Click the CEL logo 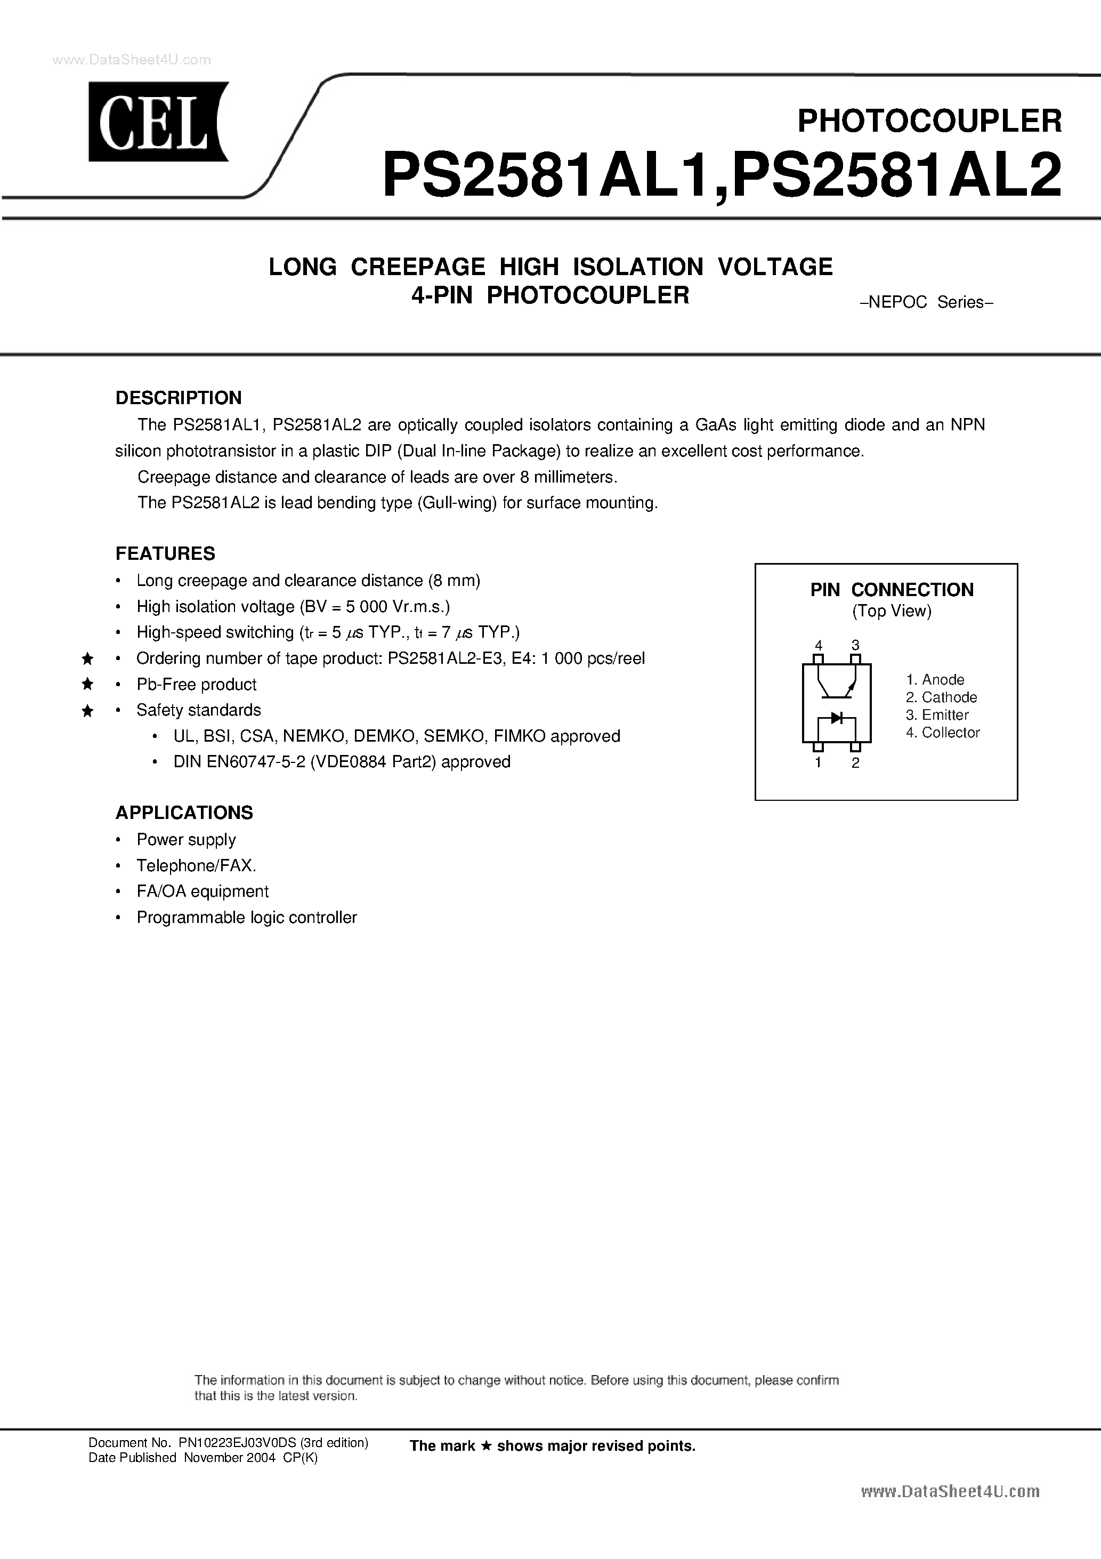[x=158, y=122]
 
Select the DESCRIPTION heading [x=179, y=398]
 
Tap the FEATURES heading [x=165, y=553]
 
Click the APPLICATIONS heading [x=184, y=813]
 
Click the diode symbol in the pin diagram [x=836, y=717]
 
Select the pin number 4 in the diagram [x=819, y=645]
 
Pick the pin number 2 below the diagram [x=855, y=763]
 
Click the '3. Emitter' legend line [x=937, y=715]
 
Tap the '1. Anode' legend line [x=935, y=680]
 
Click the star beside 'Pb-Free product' [x=87, y=685]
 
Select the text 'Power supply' [x=186, y=840]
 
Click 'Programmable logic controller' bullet [x=246, y=918]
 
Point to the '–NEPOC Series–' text [x=926, y=302]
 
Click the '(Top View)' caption [x=891, y=611]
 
